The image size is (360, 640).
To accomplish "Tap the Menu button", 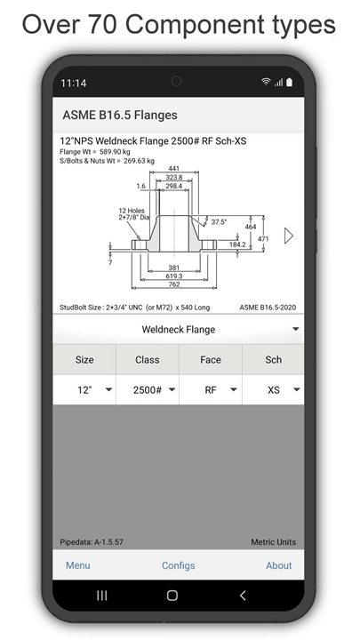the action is click(x=78, y=565).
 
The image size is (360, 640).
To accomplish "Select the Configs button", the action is click(x=179, y=565).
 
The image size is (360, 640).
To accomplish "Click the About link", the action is click(x=279, y=565).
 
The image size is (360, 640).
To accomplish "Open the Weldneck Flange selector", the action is click(x=179, y=330).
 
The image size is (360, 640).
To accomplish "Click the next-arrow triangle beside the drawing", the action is click(x=289, y=236).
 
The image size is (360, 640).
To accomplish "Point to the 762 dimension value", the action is click(x=174, y=284).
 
